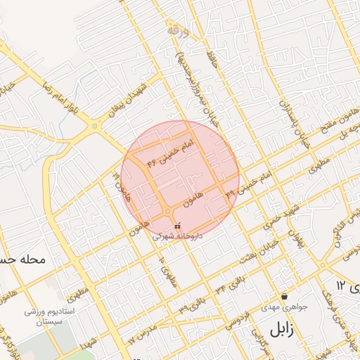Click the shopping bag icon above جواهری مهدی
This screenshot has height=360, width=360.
point(284,297)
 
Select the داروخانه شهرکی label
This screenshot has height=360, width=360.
point(178,237)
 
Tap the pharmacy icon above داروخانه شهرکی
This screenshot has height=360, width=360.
point(176,226)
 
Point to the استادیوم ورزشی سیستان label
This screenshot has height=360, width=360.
point(44,316)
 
